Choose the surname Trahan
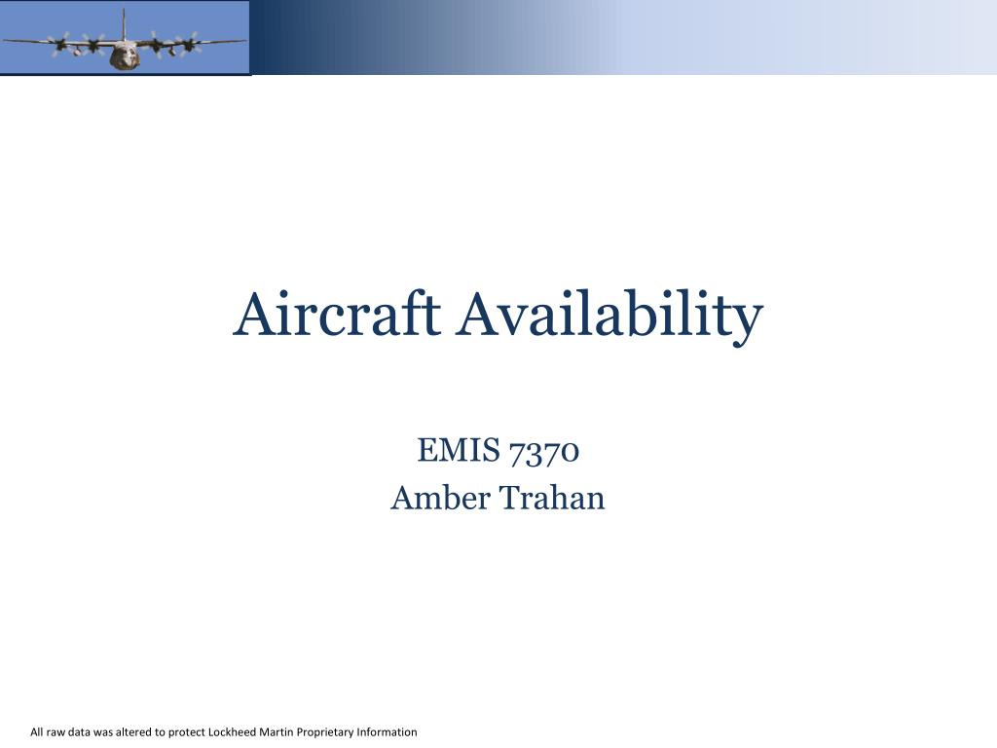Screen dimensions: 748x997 pos(552,498)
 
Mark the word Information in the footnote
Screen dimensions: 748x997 pos(388,731)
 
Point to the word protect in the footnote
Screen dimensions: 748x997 pos(187,732)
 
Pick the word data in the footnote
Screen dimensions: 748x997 pos(81,731)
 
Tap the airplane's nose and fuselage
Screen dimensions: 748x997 pos(124,56)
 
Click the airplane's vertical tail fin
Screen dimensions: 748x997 pos(124,21)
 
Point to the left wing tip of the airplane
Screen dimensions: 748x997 pos(6,41)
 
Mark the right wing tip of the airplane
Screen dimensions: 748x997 pos(242,41)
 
